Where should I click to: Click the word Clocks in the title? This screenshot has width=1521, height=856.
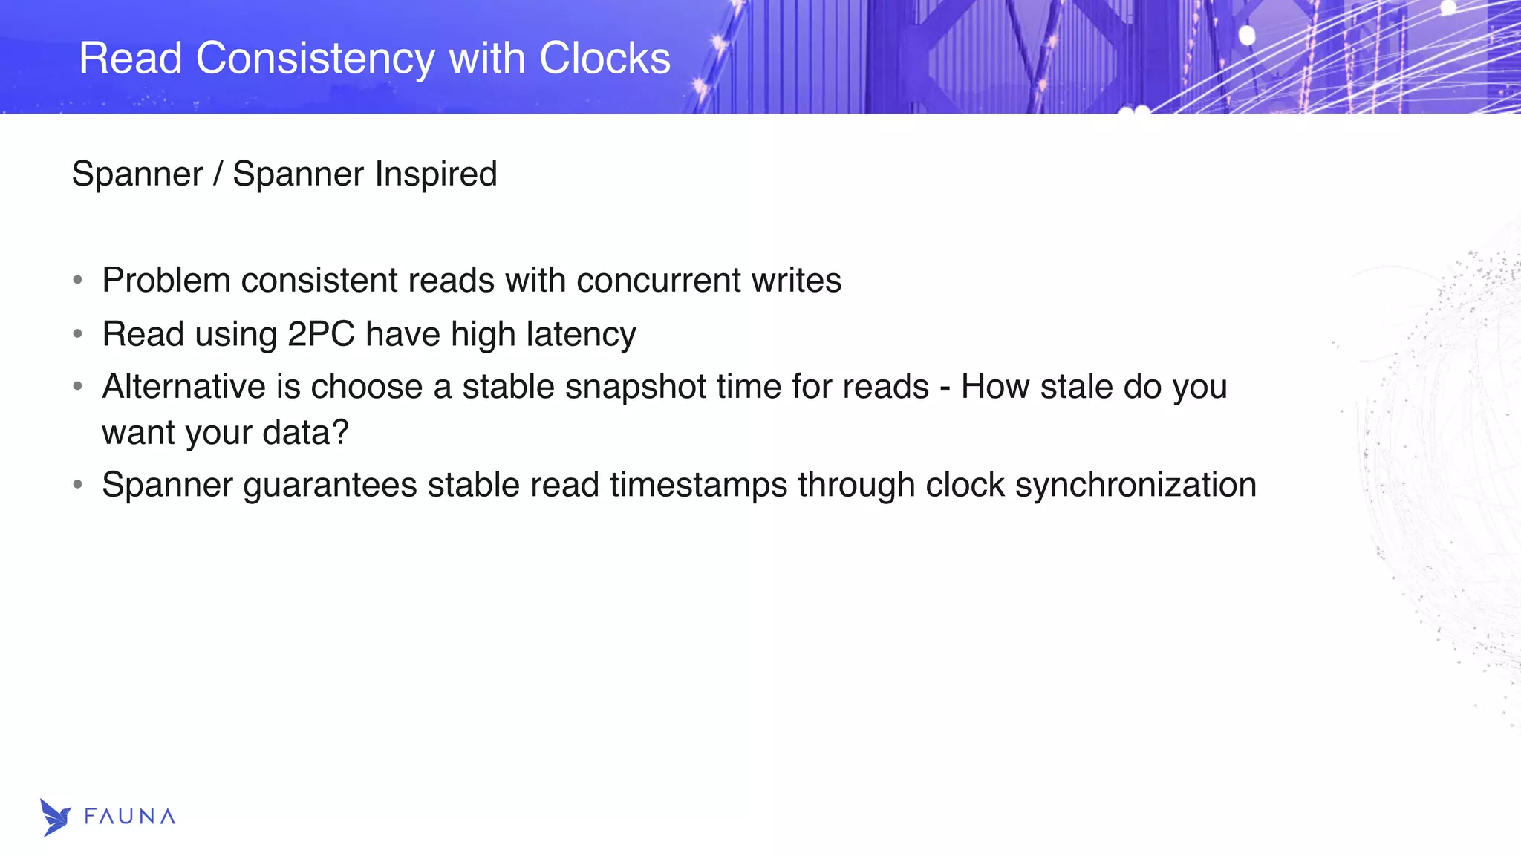(605, 59)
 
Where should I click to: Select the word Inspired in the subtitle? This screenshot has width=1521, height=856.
(435, 175)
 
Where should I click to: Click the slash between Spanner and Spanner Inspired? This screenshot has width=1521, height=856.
(218, 175)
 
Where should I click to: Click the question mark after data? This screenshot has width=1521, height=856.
(341, 433)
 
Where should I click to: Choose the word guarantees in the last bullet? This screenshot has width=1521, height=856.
(330, 486)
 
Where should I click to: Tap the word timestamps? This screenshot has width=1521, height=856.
(698, 486)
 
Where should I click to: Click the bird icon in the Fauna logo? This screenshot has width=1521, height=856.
(55, 817)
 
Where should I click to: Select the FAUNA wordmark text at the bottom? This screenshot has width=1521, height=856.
(130, 817)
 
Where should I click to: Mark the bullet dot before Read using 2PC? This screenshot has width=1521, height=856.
(78, 335)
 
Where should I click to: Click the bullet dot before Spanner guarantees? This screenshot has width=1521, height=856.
(78, 486)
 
